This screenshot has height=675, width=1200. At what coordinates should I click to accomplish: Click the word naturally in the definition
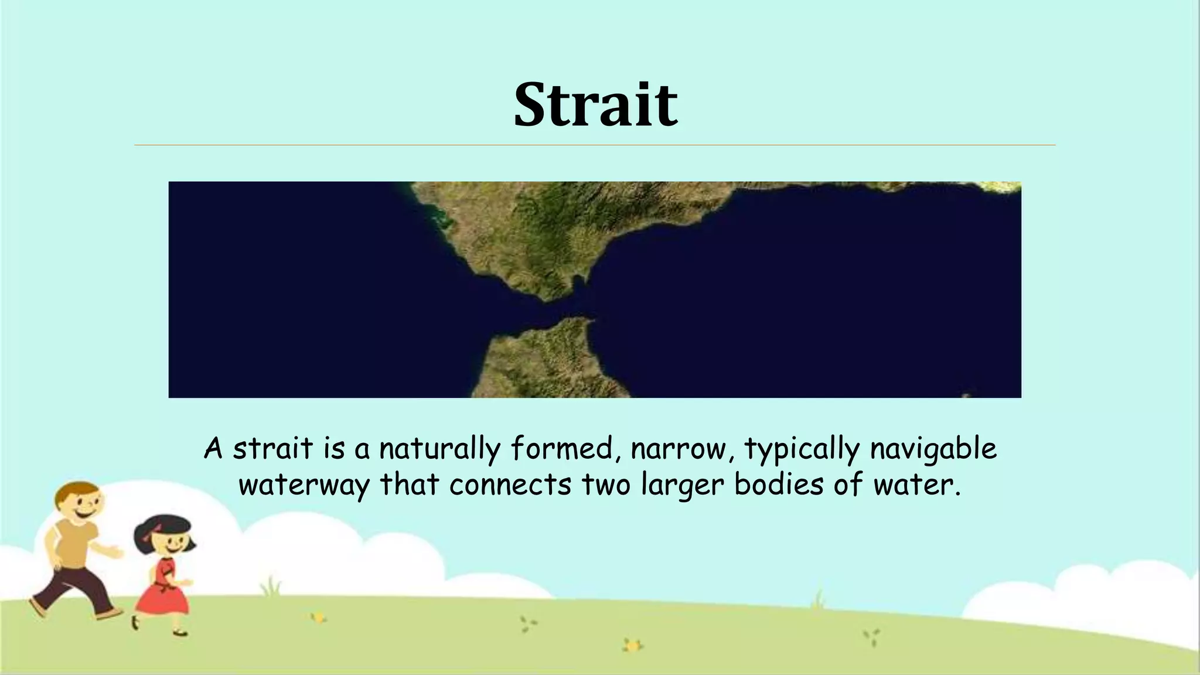[439, 449]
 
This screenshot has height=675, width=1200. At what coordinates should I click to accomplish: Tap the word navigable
[933, 449]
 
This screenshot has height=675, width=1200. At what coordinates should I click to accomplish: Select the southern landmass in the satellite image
[545, 363]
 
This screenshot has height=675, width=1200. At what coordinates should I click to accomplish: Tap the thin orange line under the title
[595, 145]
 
